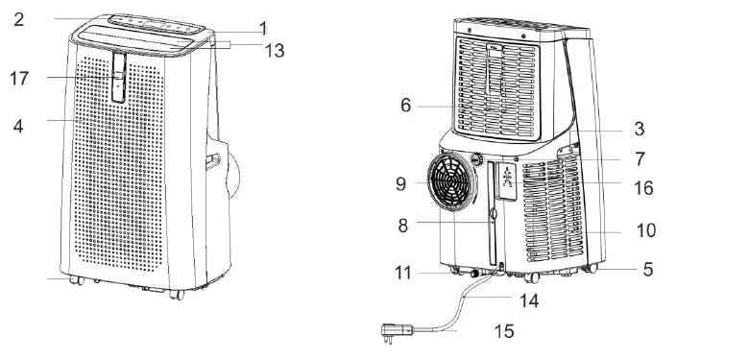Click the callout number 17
pos(19,79)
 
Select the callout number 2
pos(18,18)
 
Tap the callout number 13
pos(274,51)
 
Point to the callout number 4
pos(17,125)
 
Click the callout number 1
pos(263,29)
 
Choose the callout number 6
pos(406,105)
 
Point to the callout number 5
pos(648,270)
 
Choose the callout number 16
pos(643,188)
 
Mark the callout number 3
pos(639,128)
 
